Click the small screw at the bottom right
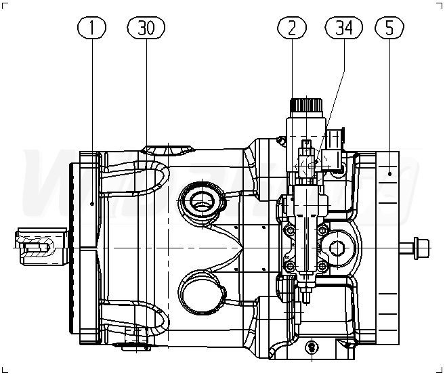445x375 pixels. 311,347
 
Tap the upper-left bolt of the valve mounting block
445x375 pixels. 290,231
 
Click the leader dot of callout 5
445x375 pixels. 391,174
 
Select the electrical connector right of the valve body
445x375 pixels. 336,152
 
